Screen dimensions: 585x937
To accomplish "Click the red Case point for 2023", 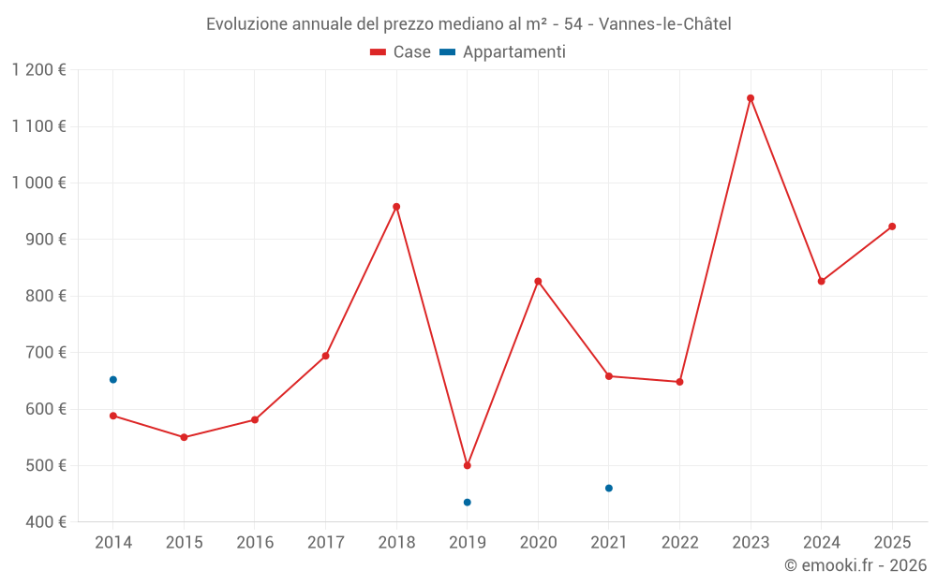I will pyautogui.click(x=751, y=98).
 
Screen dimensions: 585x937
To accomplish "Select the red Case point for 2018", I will pyautogui.click(x=396, y=207).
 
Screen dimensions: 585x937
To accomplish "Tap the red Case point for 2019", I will pyautogui.click(x=468, y=465).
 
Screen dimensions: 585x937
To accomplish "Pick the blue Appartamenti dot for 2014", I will pyautogui.click(x=113, y=380).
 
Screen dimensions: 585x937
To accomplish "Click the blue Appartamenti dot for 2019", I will pyautogui.click(x=468, y=503).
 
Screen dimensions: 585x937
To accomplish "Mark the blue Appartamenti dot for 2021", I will pyautogui.click(x=609, y=489).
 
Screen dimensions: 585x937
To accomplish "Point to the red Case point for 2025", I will pyautogui.click(x=892, y=227).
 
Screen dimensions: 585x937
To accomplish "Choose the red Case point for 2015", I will pyautogui.click(x=184, y=437).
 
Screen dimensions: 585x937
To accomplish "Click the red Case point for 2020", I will pyautogui.click(x=538, y=282).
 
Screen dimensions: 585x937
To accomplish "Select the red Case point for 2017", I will pyautogui.click(x=325, y=356).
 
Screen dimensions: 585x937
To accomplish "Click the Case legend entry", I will pyautogui.click(x=401, y=52).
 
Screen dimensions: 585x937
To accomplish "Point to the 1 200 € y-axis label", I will pyautogui.click(x=39, y=70).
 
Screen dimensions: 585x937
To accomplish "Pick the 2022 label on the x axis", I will pyautogui.click(x=679, y=543).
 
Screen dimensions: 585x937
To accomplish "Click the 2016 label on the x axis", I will pyautogui.click(x=255, y=543).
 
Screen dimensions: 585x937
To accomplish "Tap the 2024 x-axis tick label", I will pyautogui.click(x=821, y=543).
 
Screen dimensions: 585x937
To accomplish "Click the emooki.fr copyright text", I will pyautogui.click(x=855, y=565).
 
